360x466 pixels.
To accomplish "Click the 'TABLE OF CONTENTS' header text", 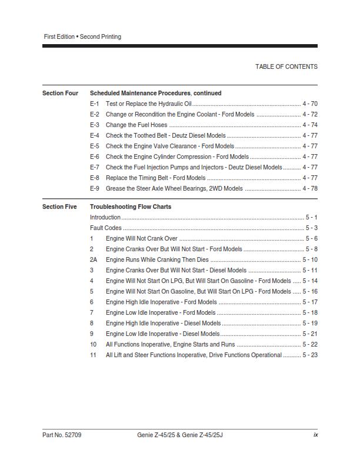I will point(286,66).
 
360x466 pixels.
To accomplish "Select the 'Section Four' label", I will point(60,93).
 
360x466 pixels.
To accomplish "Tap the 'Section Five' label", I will point(59,207).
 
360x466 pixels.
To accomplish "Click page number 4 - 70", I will point(310,104).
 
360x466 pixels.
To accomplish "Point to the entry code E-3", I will point(95,125).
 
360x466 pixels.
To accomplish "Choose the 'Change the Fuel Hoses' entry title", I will point(136,125).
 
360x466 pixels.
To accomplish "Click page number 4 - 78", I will point(310,188).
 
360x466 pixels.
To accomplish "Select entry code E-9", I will point(95,188).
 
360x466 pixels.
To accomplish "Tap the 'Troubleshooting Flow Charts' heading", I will point(131,207).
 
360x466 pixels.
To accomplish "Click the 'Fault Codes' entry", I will point(106,228).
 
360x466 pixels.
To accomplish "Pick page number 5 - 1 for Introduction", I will point(312,217).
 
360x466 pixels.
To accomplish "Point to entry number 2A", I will point(94,259).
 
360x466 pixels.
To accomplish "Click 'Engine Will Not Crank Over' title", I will point(141,238).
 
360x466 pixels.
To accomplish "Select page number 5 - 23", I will point(310,355).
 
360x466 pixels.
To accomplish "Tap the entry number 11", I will point(93,355).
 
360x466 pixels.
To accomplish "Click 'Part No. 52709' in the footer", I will point(62,435).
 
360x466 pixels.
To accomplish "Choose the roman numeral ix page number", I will point(315,435).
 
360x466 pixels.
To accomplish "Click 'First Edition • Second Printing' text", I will point(82,36).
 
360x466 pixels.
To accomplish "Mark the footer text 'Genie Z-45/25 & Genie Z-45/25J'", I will point(179,435).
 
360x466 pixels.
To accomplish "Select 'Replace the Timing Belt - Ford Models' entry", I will point(155,178).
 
